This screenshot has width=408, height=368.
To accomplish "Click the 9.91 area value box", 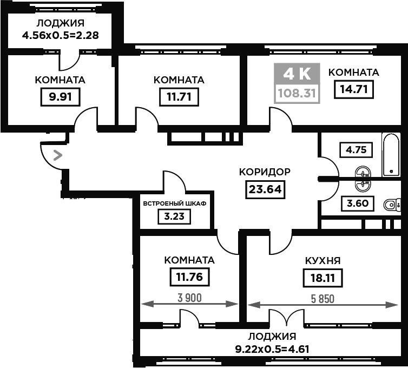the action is point(60,97).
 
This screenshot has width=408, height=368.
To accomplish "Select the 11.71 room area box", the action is point(179,97).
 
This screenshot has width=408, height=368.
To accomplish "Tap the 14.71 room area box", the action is point(353,89).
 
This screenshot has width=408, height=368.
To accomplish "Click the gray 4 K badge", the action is point(297,74).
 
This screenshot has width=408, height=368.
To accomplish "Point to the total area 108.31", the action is point(297,93).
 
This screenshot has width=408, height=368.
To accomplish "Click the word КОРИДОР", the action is point(265,172).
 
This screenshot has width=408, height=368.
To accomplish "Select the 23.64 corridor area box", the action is point(265,189).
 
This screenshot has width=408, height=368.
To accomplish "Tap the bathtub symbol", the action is point(391,155).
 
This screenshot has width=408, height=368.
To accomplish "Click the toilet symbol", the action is point(392,205).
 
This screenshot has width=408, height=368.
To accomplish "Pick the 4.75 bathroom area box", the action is point(356,150).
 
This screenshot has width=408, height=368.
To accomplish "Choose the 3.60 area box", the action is point(358,203).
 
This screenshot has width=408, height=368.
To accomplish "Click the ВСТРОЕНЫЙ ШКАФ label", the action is point(175,203).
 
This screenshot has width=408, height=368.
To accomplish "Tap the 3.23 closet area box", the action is point(174,216).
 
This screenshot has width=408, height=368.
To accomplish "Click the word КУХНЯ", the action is point(323,260).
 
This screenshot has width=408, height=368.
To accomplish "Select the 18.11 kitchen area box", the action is point(323,278).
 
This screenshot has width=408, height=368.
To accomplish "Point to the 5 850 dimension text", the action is point(323,299).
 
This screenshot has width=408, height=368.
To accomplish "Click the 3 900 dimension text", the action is point(189,298).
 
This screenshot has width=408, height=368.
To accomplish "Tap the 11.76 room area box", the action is point(189,277).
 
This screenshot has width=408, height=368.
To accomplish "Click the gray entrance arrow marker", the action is point(58,155).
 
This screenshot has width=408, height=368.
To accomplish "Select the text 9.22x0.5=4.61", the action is point(272,349).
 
